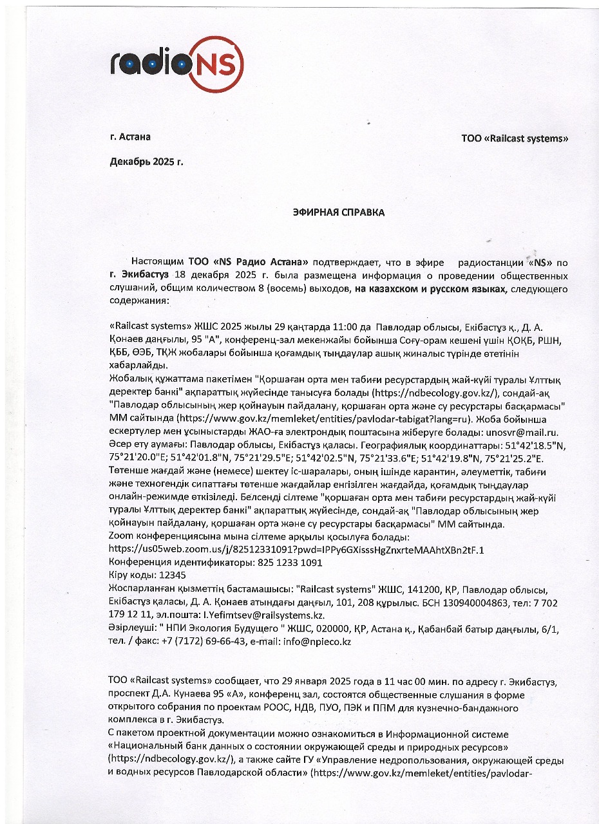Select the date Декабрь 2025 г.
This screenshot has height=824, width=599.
tap(146, 162)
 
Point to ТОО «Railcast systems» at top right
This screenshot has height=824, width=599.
tap(515, 138)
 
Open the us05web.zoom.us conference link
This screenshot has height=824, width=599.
tap(296, 549)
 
